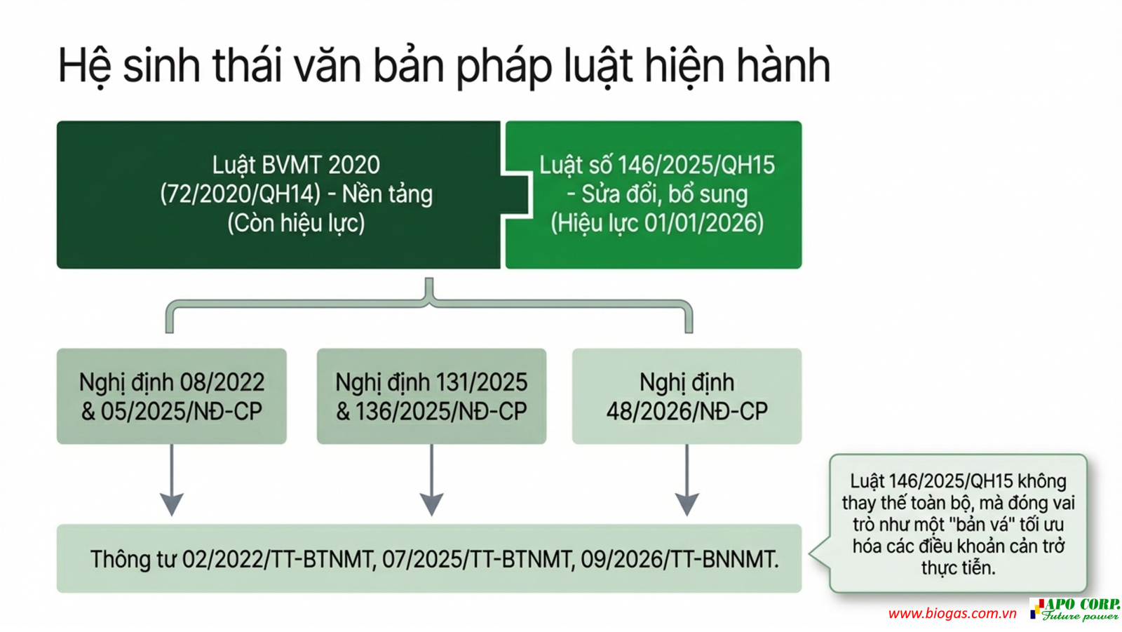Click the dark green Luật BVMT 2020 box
(x=278, y=194)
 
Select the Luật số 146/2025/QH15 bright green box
(x=656, y=194)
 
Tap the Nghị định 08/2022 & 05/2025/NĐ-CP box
(x=172, y=396)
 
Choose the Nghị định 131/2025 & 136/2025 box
(x=431, y=396)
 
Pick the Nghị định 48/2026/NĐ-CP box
(x=687, y=396)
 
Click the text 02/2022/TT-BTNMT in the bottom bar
(x=278, y=560)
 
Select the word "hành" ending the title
(x=783, y=67)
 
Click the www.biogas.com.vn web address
(x=952, y=614)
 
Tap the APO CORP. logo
(x=1074, y=609)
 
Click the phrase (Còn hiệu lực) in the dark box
(x=296, y=223)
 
